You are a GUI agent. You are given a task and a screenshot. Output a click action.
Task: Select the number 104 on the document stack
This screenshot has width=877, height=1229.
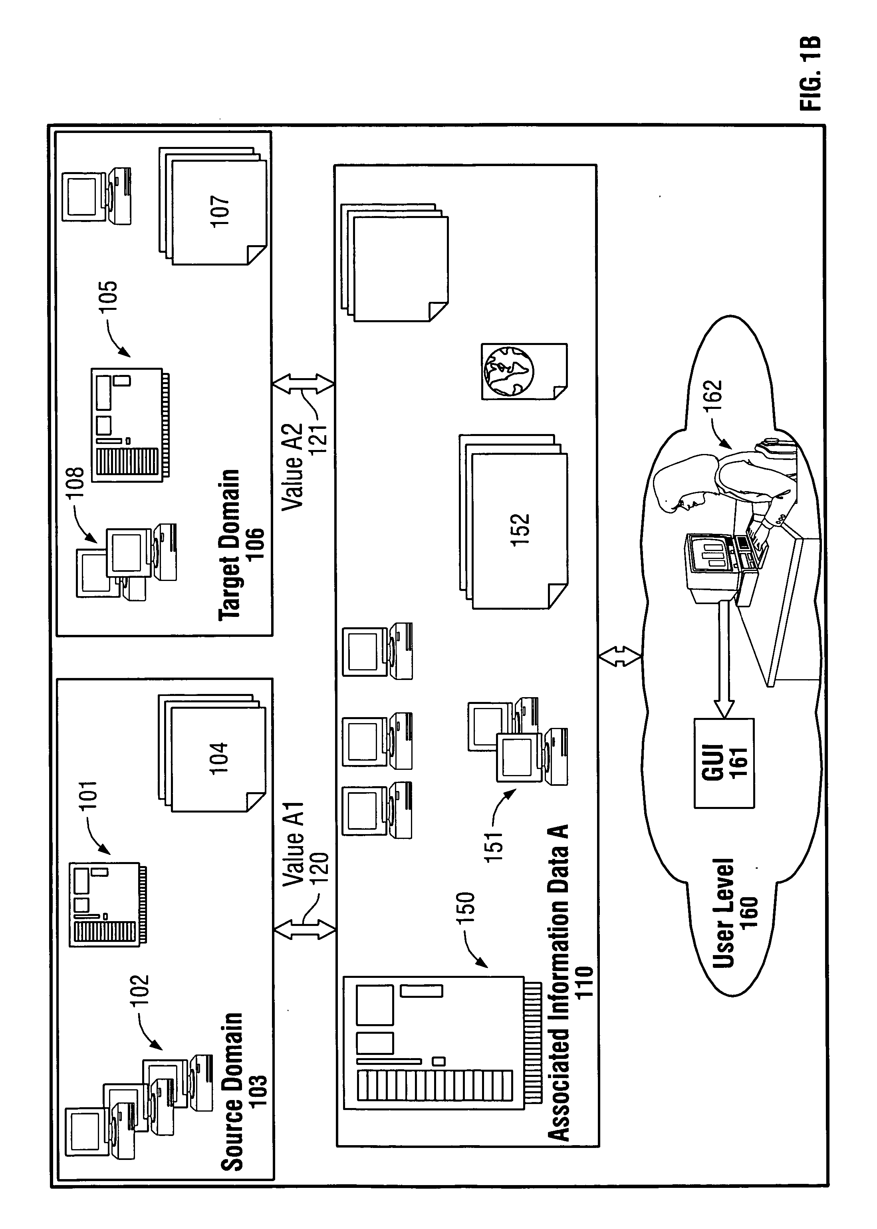(x=219, y=759)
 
